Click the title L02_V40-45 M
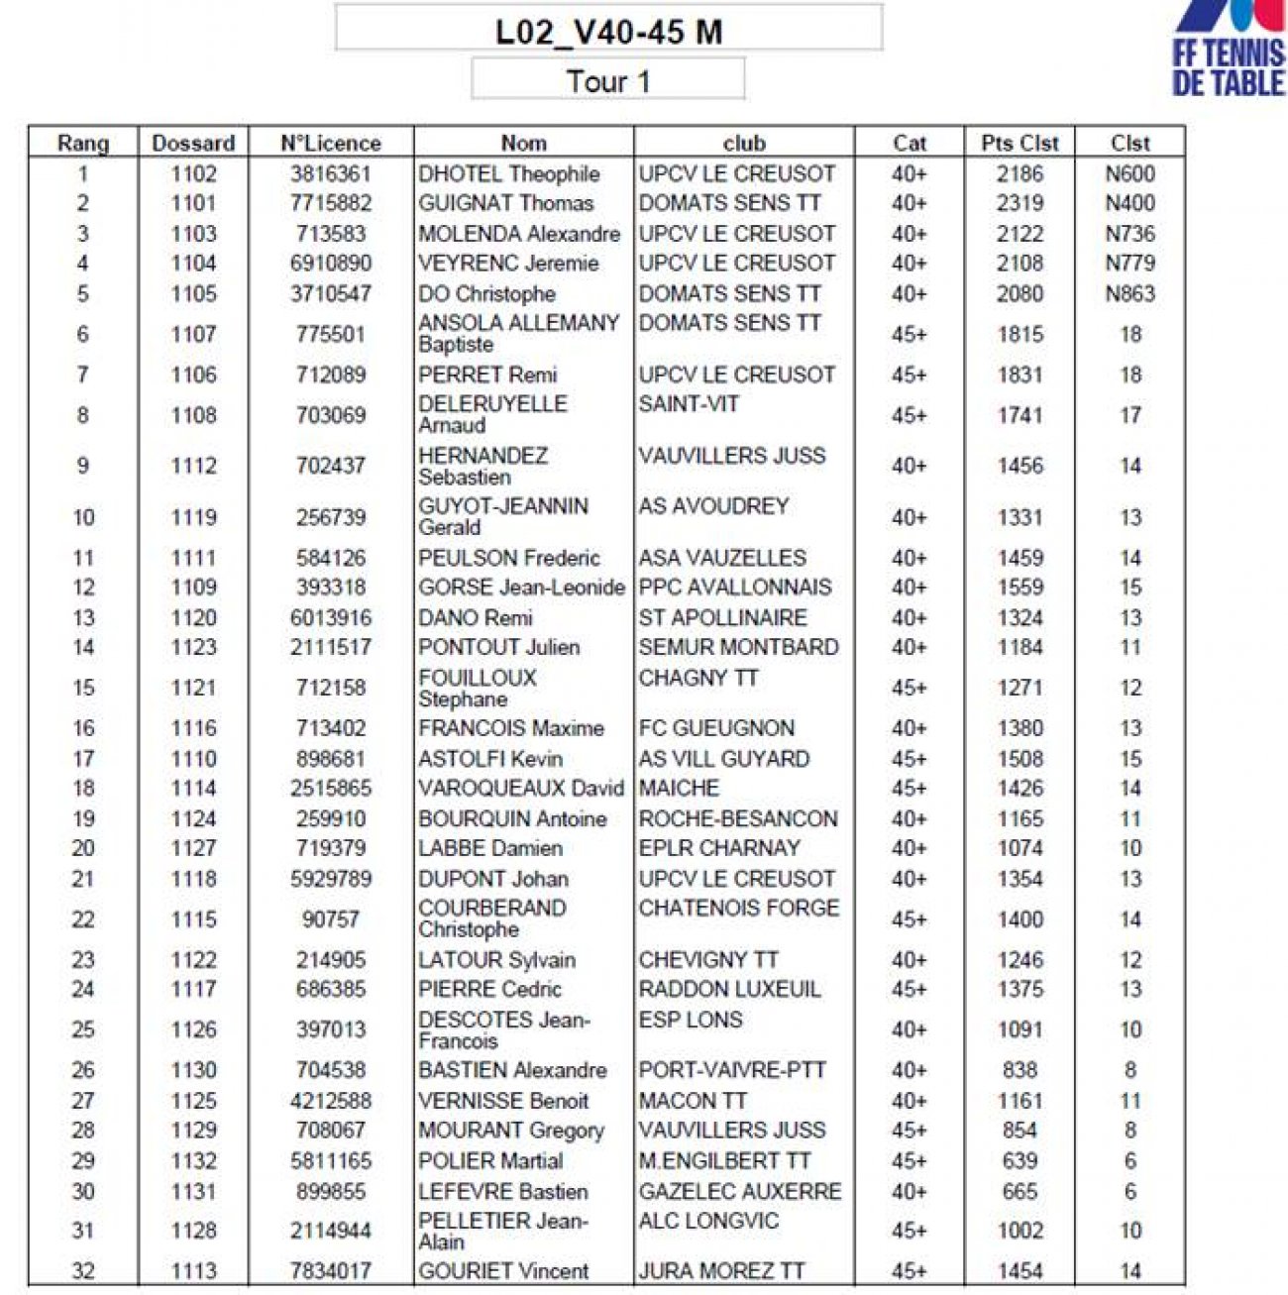pos(608,31)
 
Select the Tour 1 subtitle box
pos(607,80)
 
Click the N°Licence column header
pos(330,143)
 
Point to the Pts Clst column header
pos(1020,143)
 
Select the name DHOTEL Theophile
pos(508,173)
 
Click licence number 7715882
pos(330,203)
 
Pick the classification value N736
pos(1129,234)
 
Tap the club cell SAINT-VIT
pos(689,404)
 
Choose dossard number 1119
pos(193,517)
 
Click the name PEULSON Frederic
pos(508,558)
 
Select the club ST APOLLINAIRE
pos(722,617)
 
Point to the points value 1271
pos(1020,688)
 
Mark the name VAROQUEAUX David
pos(520,789)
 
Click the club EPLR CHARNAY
pos(718,848)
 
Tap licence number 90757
pos(330,919)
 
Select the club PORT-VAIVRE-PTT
pos(731,1070)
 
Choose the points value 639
pos(1020,1160)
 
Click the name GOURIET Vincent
pos(503,1270)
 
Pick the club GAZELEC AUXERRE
pos(739,1191)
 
